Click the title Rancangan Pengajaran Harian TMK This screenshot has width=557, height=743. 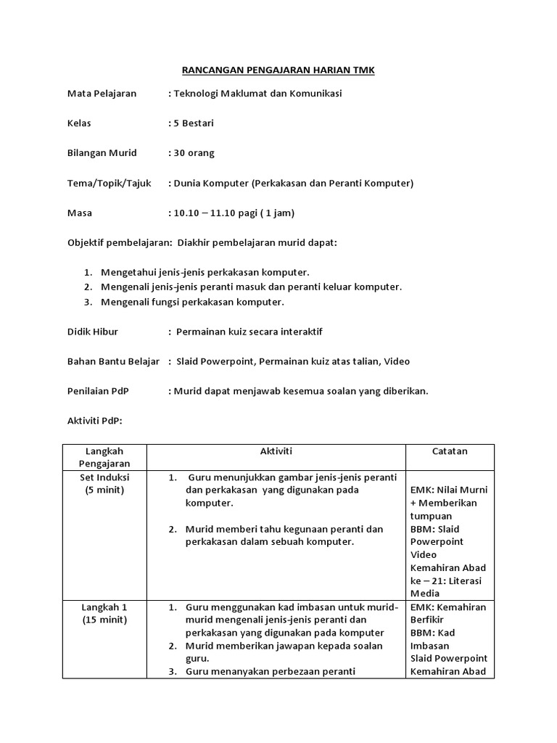tap(278, 70)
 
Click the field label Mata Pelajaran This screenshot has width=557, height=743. tap(102, 94)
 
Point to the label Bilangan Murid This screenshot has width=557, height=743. tap(102, 153)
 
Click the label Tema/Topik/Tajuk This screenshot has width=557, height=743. tap(109, 183)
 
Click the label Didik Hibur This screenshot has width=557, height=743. tap(92, 332)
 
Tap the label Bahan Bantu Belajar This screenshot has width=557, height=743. tap(113, 361)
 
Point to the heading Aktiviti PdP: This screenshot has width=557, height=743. tap(95, 421)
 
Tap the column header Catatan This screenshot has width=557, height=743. tap(449, 451)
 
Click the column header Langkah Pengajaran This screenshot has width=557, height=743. tap(105, 457)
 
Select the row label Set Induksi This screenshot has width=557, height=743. tap(105, 477)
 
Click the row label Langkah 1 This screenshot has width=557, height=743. tap(105, 607)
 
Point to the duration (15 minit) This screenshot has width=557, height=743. tap(105, 620)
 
